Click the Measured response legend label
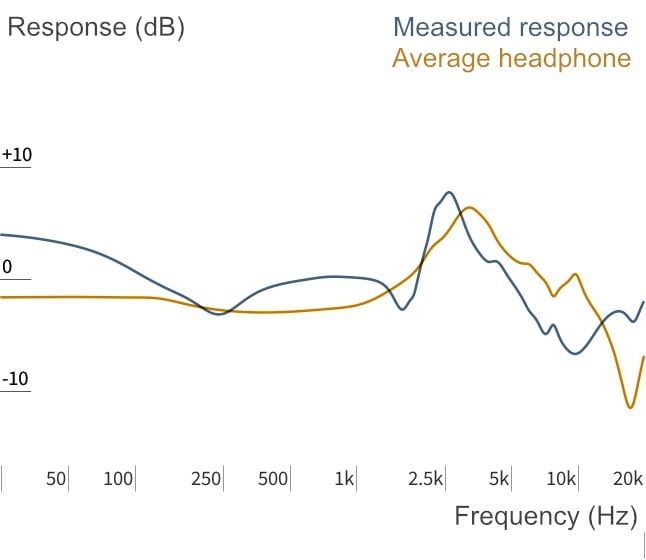click(x=510, y=28)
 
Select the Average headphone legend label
click(x=511, y=58)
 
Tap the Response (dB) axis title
click(x=96, y=28)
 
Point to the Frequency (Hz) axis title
click(x=546, y=517)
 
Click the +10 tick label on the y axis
click(x=17, y=155)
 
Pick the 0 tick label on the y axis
click(x=7, y=267)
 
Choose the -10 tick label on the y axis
click(x=15, y=379)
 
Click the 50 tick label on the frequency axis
click(x=56, y=479)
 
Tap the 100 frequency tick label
click(x=118, y=479)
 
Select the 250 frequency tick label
click(x=206, y=479)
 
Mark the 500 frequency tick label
click(x=273, y=479)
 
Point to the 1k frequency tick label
click(x=344, y=479)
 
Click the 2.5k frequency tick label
click(x=425, y=479)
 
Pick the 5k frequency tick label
click(x=499, y=479)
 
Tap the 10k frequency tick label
click(x=561, y=479)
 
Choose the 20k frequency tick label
click(x=627, y=479)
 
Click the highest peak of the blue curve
click(x=449, y=192)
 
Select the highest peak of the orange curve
click(x=469, y=208)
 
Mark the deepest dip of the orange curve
click(x=630, y=408)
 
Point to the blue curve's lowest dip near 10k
click(x=576, y=353)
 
